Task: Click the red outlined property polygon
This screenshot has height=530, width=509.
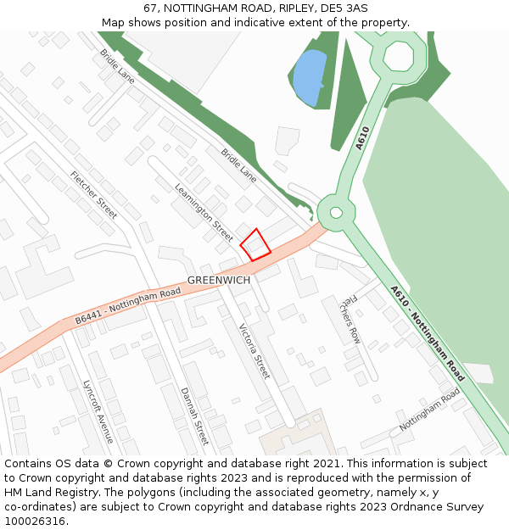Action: [255, 243]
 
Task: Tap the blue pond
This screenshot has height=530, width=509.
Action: [310, 76]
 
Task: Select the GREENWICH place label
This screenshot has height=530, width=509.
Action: [219, 280]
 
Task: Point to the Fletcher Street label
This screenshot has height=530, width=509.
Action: [94, 195]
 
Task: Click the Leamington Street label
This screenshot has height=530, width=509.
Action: [204, 212]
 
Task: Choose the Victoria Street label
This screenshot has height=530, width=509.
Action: [254, 350]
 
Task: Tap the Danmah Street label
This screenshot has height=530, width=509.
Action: [193, 416]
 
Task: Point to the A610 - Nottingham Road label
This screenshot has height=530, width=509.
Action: [428, 332]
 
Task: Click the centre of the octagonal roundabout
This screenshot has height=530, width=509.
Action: [398, 56]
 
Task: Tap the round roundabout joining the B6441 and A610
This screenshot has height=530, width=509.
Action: [335, 212]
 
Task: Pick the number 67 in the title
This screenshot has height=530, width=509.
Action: [150, 8]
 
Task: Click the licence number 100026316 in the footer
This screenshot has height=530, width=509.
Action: [35, 521]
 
